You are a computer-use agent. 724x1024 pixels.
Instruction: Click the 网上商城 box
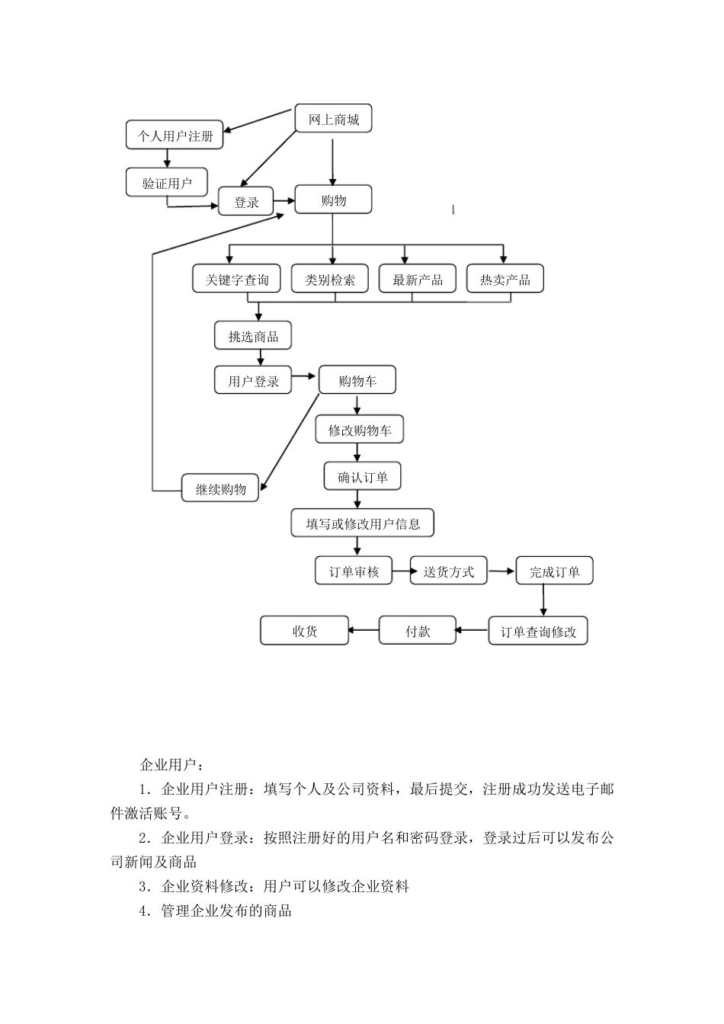[333, 119]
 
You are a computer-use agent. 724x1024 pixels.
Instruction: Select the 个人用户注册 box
[175, 136]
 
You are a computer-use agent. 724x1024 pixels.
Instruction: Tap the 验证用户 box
[167, 183]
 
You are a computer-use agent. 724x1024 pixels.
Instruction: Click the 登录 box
[246, 202]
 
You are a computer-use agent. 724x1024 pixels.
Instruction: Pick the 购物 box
[333, 200]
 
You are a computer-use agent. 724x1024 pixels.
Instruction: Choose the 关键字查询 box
[236, 279]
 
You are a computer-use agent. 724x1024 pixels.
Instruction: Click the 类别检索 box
[330, 279]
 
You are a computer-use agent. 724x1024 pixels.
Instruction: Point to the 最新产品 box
[417, 279]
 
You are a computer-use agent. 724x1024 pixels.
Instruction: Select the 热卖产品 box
[504, 279]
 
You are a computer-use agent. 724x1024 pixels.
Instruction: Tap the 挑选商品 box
[252, 336]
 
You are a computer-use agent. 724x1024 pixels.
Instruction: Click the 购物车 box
[357, 380]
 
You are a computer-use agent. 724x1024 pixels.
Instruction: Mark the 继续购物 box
[220, 488]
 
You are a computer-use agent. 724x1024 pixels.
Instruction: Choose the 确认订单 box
[362, 477]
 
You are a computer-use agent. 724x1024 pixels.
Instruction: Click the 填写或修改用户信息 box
[362, 523]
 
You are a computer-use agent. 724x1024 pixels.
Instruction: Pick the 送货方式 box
[448, 571]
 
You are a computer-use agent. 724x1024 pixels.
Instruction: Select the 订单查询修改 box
[538, 632]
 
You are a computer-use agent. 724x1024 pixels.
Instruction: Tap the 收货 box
[305, 631]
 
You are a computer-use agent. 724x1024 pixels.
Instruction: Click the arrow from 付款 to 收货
[364, 630]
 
